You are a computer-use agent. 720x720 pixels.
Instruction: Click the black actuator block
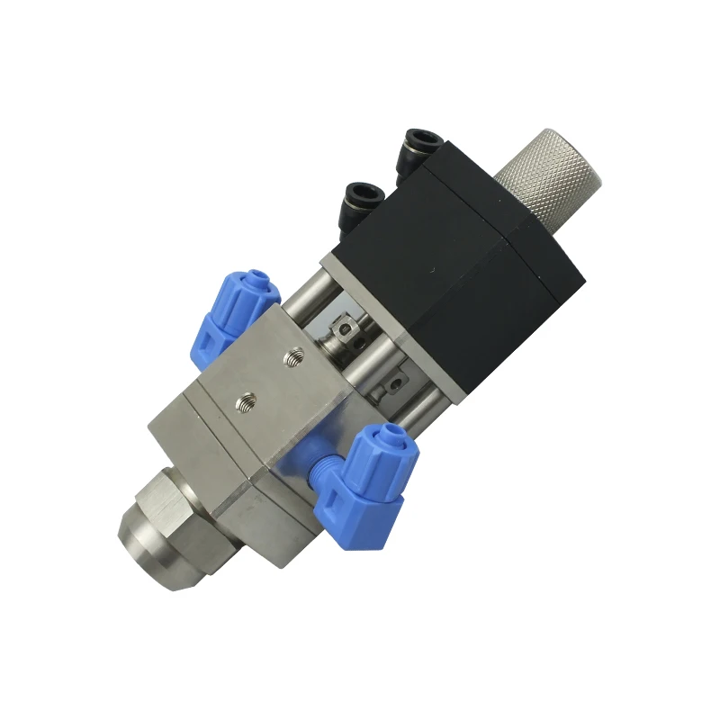[459, 270]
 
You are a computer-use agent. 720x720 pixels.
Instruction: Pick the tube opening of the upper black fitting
[422, 139]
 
